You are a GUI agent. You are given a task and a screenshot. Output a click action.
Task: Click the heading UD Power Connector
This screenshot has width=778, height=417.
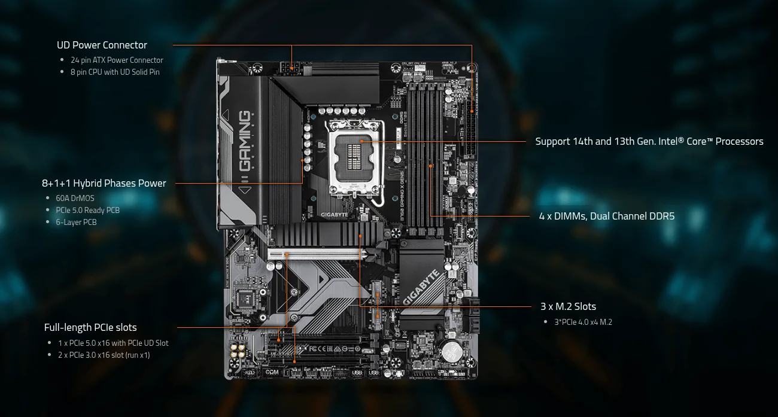pos(102,45)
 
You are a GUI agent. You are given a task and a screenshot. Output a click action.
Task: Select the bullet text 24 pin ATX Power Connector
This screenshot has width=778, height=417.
pos(117,60)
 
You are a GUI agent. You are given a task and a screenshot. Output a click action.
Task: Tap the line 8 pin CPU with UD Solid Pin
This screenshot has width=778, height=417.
pos(115,72)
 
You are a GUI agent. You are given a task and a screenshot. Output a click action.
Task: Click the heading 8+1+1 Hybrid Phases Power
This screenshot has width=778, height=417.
pos(104,183)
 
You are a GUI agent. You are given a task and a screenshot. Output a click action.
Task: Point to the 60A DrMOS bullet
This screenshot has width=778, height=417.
pos(75,198)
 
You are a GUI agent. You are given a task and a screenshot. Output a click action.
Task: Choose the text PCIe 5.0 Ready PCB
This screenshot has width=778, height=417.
pos(88,210)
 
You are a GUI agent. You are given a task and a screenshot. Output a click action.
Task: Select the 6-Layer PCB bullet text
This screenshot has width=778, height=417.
pos(76,222)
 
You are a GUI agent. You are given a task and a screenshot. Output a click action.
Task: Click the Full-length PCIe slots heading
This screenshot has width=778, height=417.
pos(90,327)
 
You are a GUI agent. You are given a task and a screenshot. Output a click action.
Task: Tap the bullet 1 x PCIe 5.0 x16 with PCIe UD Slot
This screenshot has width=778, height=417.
pos(113,343)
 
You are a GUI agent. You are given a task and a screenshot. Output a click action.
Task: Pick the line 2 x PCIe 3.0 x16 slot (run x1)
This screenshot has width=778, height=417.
pos(104,355)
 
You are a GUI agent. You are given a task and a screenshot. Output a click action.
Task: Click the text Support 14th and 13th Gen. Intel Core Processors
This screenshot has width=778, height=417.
pos(649,142)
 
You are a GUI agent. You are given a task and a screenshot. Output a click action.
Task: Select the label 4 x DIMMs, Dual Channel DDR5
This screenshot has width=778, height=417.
pos(606,216)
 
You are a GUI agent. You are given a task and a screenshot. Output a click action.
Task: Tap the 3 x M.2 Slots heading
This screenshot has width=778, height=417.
pos(568,306)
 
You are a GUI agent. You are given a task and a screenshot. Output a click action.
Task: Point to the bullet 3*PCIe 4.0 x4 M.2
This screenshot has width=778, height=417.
pos(583,322)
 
